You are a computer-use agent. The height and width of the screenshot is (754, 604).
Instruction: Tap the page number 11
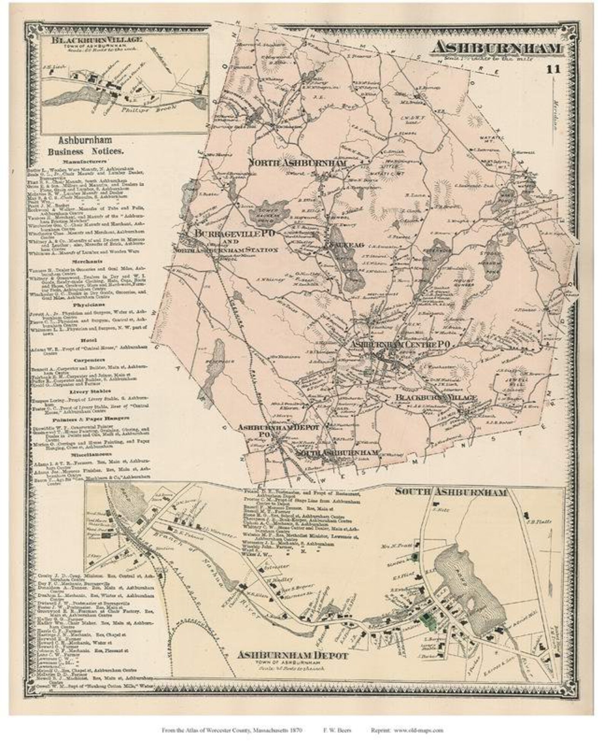click(553, 69)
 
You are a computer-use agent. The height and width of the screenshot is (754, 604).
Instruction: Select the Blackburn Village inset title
click(97, 40)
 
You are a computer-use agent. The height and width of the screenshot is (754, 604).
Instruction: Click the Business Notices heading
click(86, 146)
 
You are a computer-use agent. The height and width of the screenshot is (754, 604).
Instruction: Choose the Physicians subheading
click(87, 305)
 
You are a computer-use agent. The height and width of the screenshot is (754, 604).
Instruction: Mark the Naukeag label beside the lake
click(344, 245)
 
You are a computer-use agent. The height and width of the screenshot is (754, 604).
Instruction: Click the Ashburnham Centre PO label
click(400, 344)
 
